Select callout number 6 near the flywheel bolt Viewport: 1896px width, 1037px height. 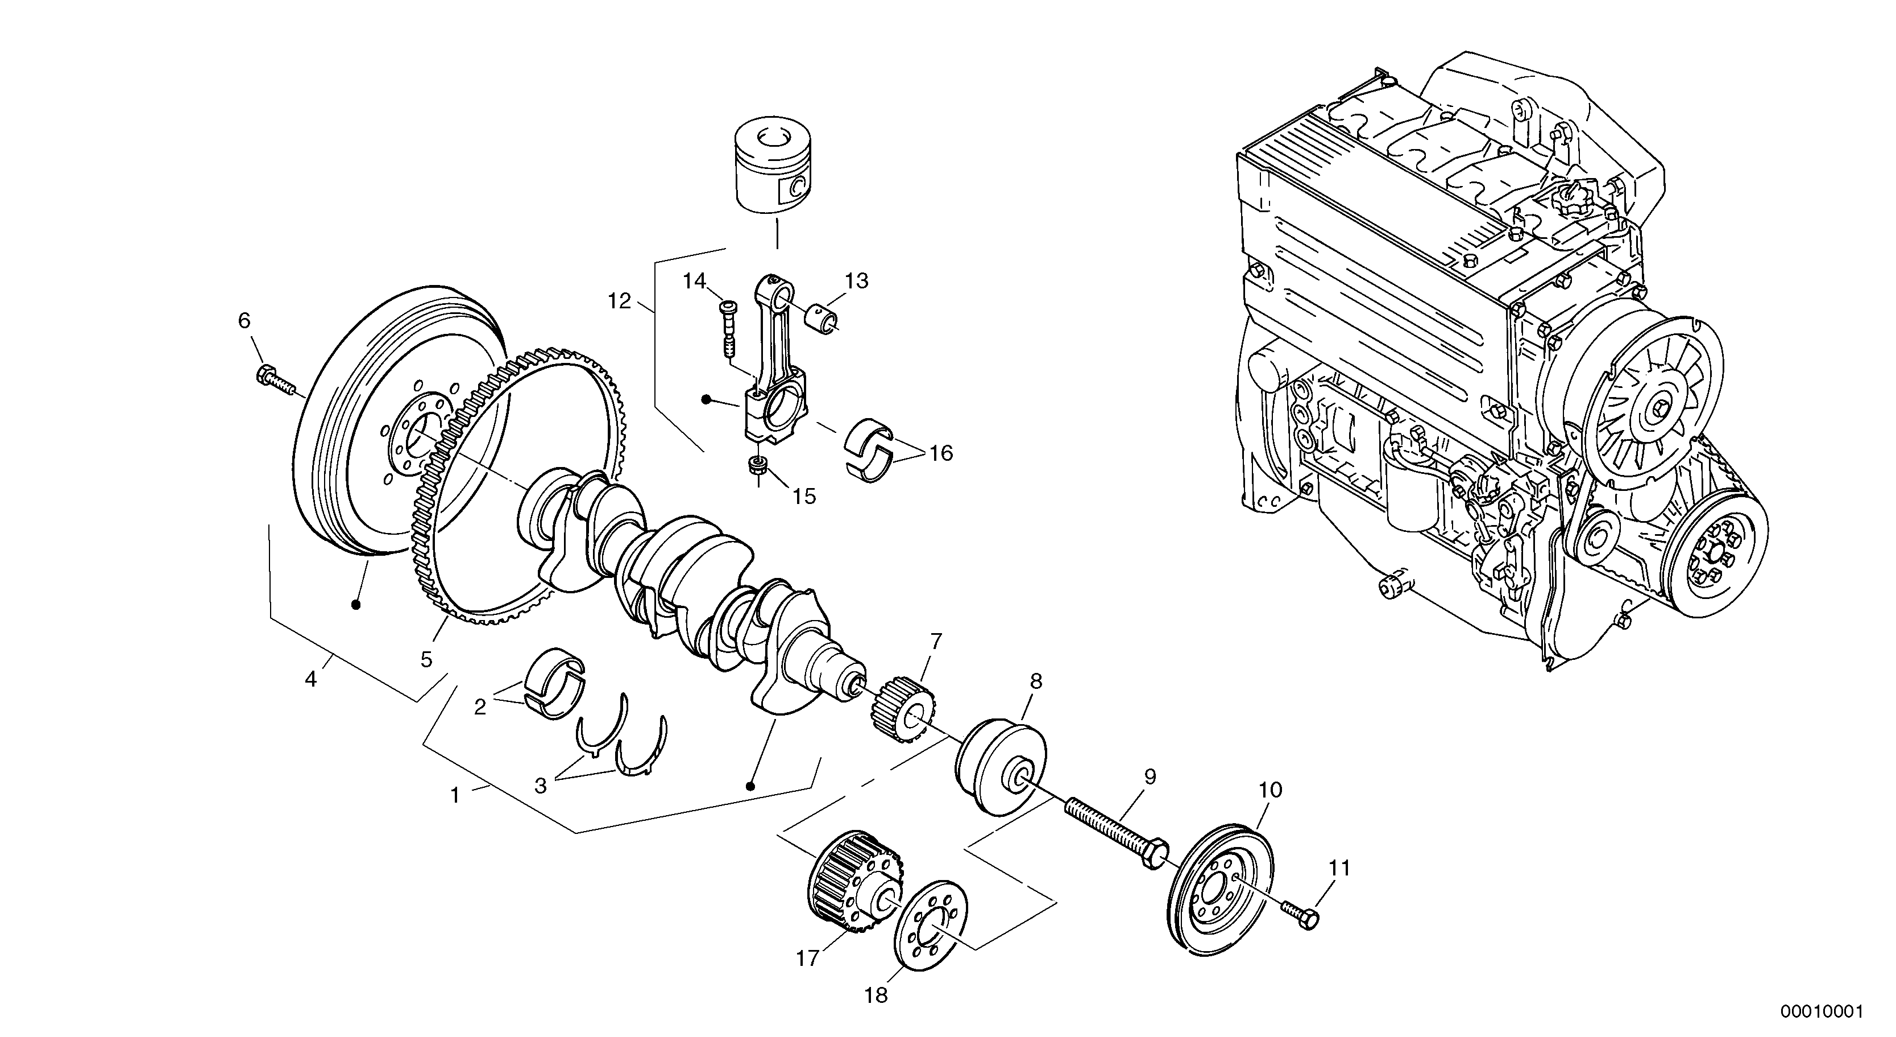pyautogui.click(x=244, y=320)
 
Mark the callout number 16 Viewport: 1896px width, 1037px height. pyautogui.click(x=941, y=452)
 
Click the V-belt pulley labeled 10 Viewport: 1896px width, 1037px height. pyautogui.click(x=1222, y=894)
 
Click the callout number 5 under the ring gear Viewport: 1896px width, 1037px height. pyautogui.click(x=426, y=659)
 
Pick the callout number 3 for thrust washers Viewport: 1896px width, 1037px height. pyautogui.click(x=541, y=786)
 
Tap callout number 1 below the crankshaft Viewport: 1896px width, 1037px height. pyautogui.click(x=455, y=795)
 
